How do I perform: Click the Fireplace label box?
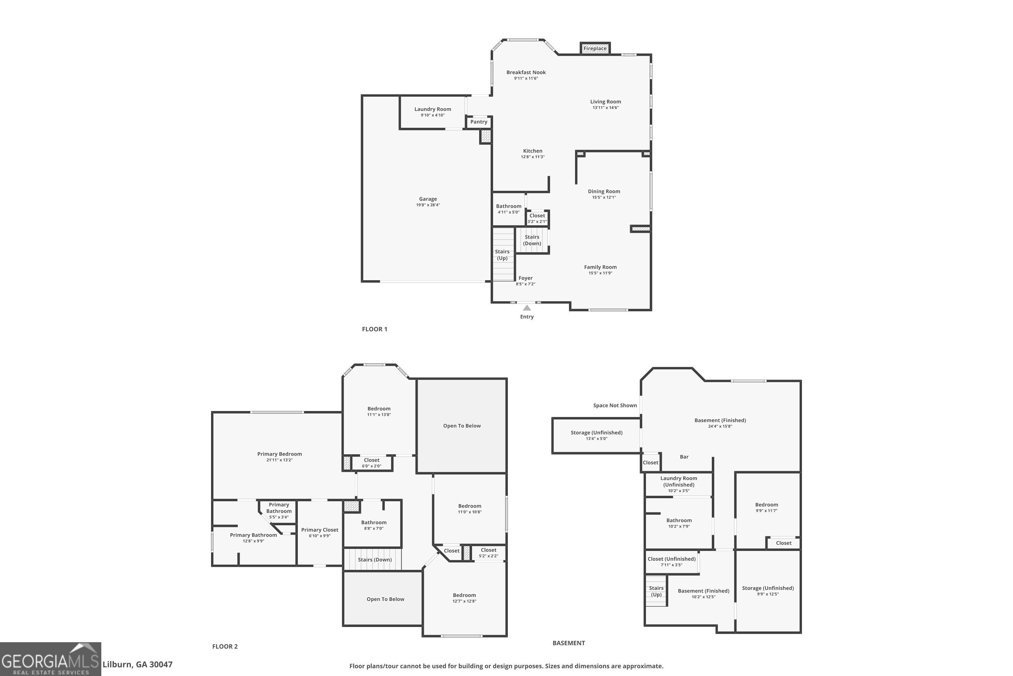tap(595, 49)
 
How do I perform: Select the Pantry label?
tap(478, 122)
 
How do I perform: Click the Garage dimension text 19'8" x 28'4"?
tap(428, 205)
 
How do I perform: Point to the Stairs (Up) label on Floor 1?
tap(502, 255)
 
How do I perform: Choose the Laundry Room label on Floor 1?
tap(433, 110)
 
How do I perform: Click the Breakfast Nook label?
tap(526, 72)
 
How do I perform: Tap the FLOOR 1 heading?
tap(374, 329)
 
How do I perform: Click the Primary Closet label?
tap(319, 530)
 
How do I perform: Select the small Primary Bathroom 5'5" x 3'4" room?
tap(279, 510)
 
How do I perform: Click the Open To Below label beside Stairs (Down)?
tap(385, 599)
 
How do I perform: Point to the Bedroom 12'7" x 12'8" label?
tap(464, 595)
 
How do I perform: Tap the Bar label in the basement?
tap(684, 457)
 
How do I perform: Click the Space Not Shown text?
tap(615, 406)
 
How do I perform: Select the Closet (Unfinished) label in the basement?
tap(672, 559)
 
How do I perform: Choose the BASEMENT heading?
tap(569, 643)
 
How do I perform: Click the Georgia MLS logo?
tap(50, 659)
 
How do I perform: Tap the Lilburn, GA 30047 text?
tap(137, 665)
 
